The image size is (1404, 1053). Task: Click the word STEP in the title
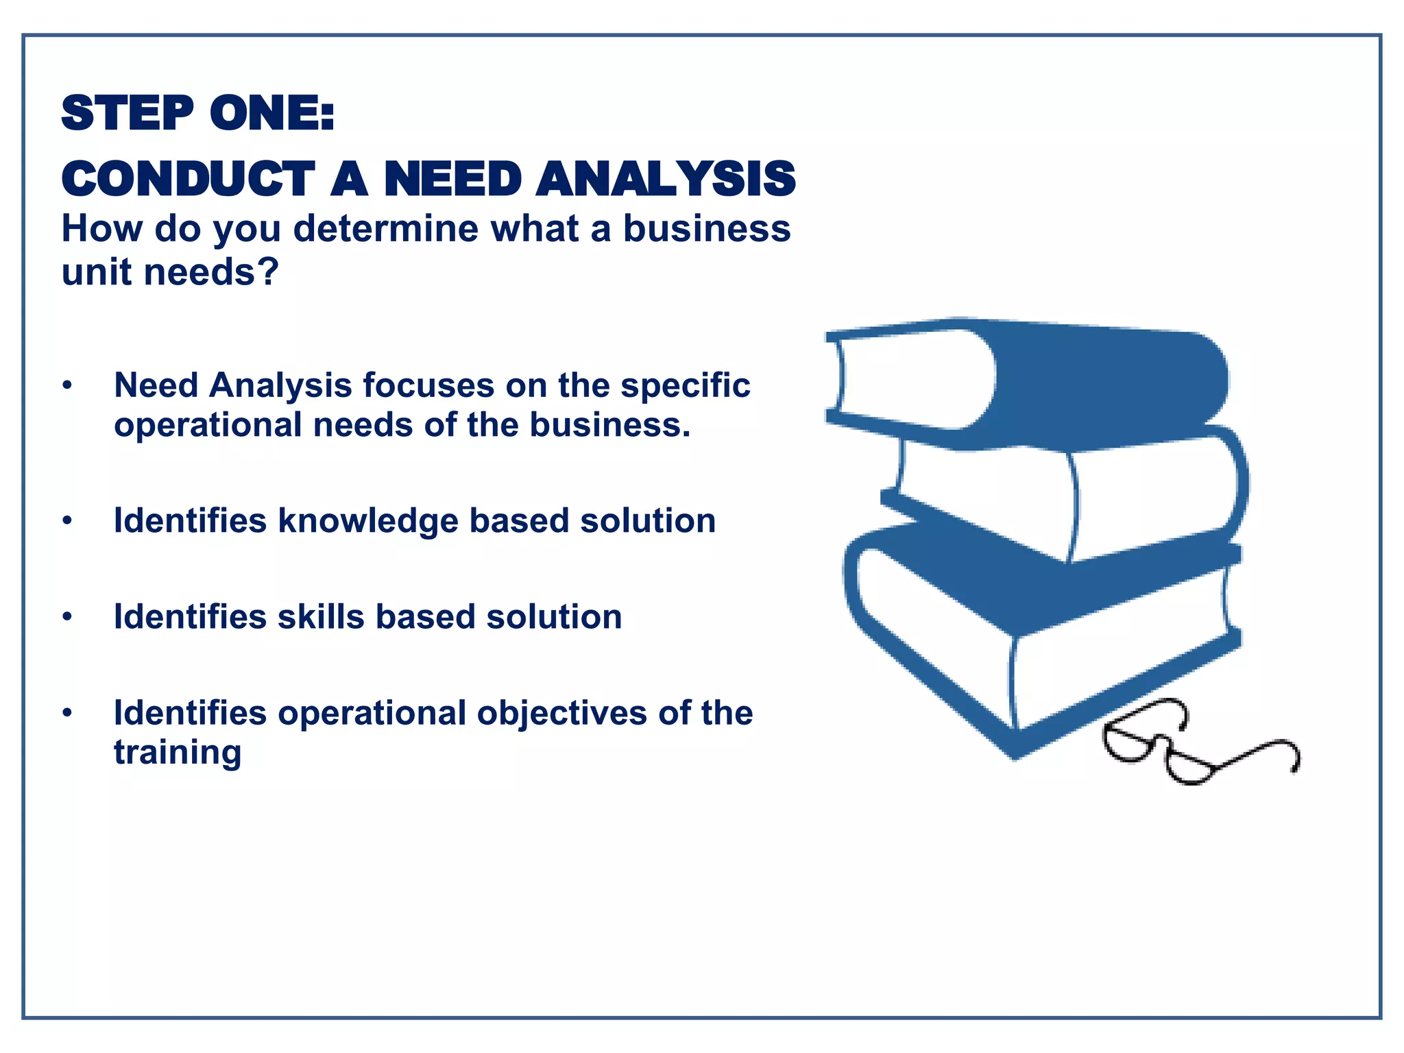click(x=128, y=113)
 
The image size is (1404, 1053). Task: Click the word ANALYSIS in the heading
click(x=665, y=179)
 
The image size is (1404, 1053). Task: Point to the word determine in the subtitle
click(x=386, y=228)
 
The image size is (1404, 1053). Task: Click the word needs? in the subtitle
click(x=210, y=272)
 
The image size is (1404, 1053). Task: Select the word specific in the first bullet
click(x=685, y=385)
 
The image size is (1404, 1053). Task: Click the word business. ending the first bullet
click(x=610, y=425)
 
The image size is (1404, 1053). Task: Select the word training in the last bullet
click(x=178, y=753)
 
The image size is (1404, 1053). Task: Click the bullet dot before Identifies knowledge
click(x=66, y=522)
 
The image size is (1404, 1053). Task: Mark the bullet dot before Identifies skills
click(x=66, y=618)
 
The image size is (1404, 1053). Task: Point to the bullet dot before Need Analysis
click(x=66, y=386)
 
